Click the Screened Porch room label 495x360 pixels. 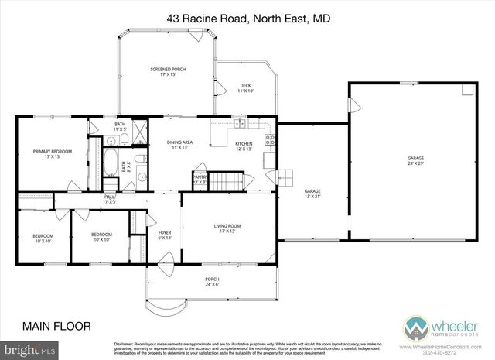click(167, 73)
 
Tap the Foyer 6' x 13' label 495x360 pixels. click(165, 235)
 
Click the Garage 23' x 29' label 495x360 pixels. click(416, 161)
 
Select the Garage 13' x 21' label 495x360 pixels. click(312, 194)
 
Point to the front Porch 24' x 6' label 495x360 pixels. click(212, 281)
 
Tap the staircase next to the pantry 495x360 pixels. click(227, 181)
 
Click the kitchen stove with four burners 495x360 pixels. click(270, 141)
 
